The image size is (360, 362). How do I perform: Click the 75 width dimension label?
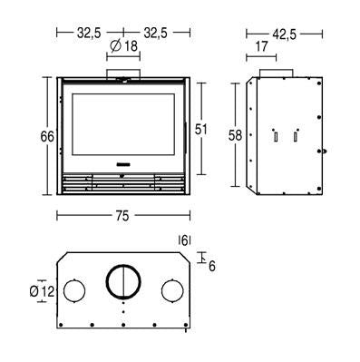[122, 216]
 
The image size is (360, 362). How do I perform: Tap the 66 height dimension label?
[47, 137]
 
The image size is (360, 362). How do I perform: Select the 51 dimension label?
[201, 130]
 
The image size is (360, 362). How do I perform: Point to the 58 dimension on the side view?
[236, 135]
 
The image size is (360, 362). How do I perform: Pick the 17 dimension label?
[262, 46]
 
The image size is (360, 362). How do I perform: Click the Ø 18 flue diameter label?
[123, 46]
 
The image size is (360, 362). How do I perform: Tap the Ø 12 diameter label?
[42, 291]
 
